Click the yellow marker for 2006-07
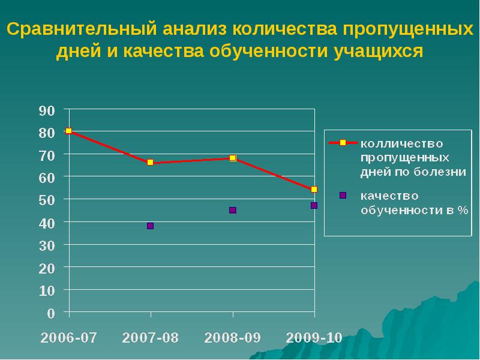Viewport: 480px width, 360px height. click(69, 131)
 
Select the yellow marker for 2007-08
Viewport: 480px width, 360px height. click(150, 163)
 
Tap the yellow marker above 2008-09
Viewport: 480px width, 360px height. click(233, 158)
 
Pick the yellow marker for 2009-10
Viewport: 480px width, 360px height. click(314, 190)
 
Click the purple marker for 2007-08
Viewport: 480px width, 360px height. click(150, 226)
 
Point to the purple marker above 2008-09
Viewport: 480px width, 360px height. click(233, 210)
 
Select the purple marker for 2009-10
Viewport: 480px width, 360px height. click(314, 206)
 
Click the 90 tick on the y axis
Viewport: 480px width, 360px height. click(47, 110)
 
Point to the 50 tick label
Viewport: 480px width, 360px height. click(47, 200)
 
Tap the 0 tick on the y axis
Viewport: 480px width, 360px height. click(51, 313)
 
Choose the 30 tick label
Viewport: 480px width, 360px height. click(47, 245)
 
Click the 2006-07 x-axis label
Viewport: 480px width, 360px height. click(69, 337)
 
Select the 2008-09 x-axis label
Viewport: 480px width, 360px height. click(233, 337)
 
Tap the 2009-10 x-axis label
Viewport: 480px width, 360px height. click(314, 337)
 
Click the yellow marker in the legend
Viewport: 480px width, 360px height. click(343, 143)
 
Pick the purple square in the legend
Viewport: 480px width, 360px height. click(343, 195)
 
